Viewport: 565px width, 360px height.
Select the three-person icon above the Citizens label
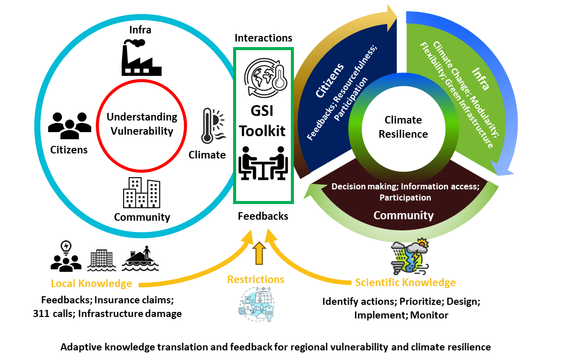click(x=69, y=125)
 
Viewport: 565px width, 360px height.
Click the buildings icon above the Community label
click(x=141, y=192)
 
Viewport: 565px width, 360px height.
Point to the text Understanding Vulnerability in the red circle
click(x=142, y=124)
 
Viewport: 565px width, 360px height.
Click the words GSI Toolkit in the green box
click(x=262, y=122)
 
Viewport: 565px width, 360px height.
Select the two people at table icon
click(x=262, y=163)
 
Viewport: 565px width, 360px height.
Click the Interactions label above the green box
click(x=263, y=38)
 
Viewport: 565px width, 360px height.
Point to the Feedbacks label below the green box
click(x=263, y=216)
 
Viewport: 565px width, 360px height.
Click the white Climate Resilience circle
click(x=403, y=127)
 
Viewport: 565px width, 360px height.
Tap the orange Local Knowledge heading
click(x=91, y=284)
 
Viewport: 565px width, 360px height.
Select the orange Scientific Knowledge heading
click(x=405, y=283)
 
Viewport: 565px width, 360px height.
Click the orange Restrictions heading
click(x=255, y=279)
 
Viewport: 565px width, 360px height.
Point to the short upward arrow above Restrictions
click(x=258, y=253)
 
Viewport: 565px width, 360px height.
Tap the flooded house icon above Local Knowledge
click(x=141, y=259)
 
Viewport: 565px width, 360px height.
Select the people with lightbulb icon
click(x=66, y=256)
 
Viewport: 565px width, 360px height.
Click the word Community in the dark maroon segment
click(x=403, y=215)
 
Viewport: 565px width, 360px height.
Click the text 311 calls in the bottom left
click(x=51, y=314)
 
